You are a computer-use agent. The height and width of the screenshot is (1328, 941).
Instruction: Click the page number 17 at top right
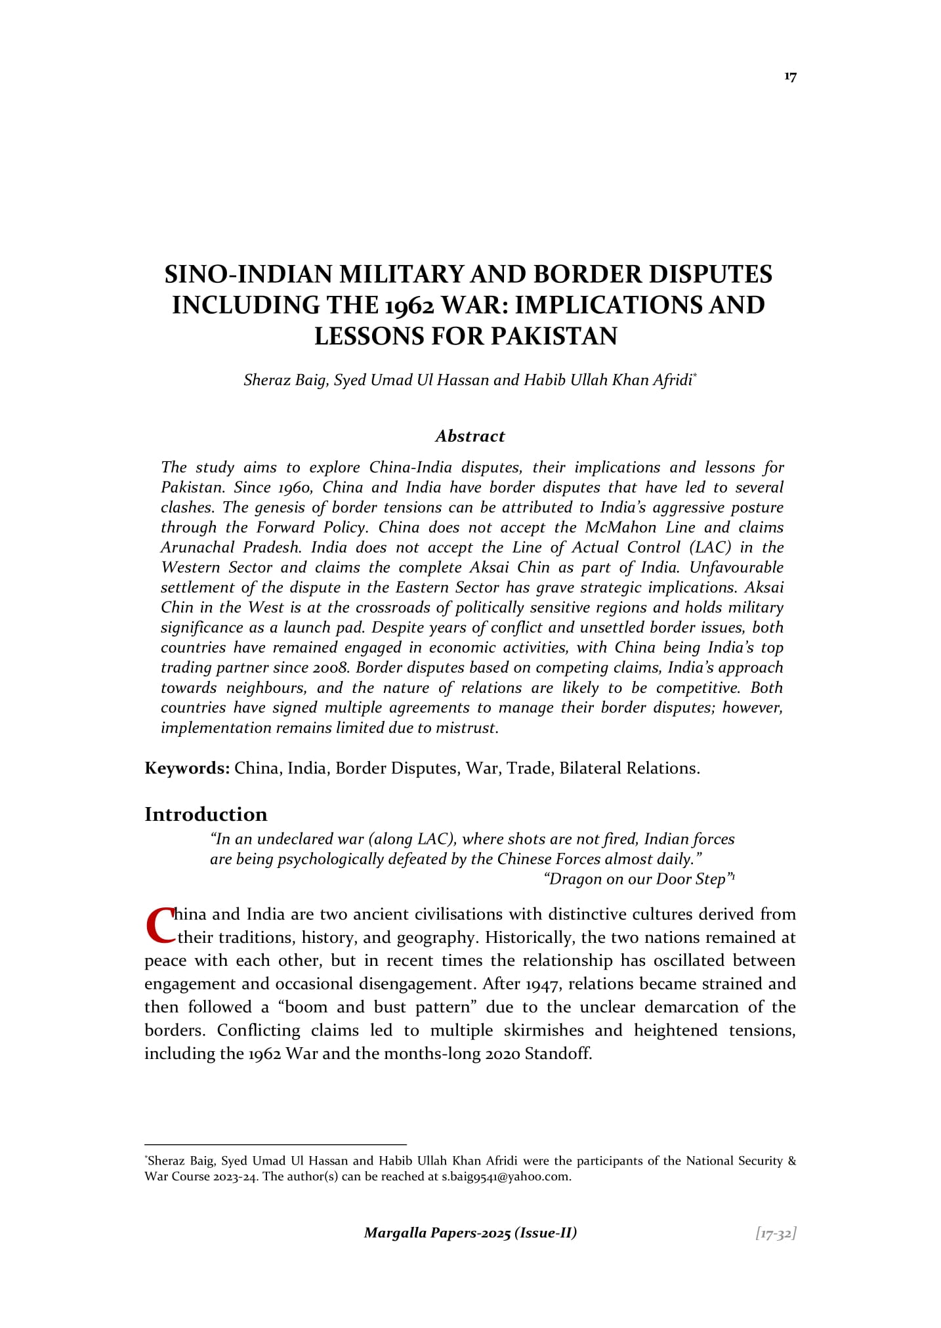(x=790, y=77)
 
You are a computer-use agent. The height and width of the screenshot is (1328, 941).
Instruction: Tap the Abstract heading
(x=470, y=436)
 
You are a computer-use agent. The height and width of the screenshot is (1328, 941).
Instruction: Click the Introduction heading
(x=206, y=814)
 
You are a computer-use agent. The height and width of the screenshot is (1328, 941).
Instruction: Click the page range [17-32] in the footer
(x=776, y=1233)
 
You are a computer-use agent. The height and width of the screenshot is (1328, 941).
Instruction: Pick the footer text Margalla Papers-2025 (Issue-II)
(x=470, y=1233)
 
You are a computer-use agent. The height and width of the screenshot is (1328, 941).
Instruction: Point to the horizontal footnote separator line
(x=276, y=1144)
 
